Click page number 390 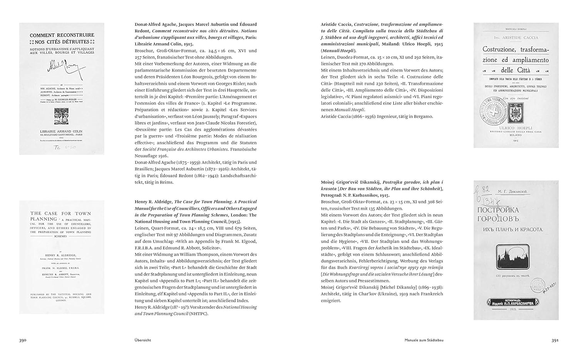[23, 340]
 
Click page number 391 [555, 340]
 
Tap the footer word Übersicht [143, 340]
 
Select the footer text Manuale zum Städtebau [424, 340]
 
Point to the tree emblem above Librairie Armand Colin [62, 115]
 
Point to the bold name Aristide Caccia [336, 24]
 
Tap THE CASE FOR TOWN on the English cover [61, 213]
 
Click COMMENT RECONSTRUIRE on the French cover [62, 35]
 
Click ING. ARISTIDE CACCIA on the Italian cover [516, 37]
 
